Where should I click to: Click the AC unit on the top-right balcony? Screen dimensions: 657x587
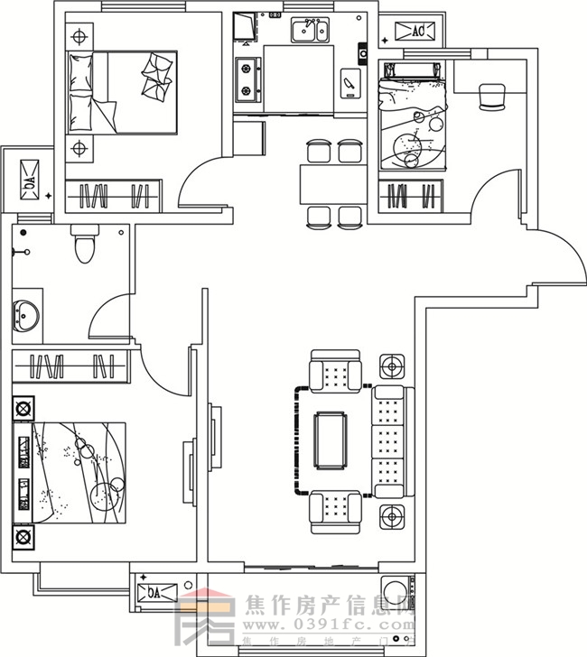point(418,32)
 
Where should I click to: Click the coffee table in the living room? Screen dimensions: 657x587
point(331,440)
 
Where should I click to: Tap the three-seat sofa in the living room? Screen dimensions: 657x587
point(389,441)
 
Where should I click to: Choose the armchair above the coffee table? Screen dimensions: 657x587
point(334,371)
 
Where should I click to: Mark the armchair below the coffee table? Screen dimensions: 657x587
point(334,511)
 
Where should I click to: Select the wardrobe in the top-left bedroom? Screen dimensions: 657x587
point(112,194)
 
